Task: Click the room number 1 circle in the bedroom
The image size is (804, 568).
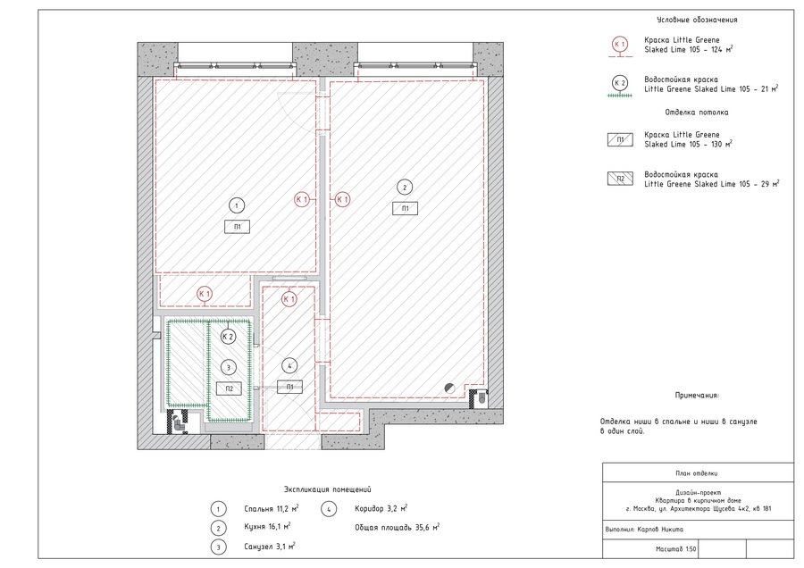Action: click(x=237, y=205)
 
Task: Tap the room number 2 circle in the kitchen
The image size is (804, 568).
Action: click(x=405, y=188)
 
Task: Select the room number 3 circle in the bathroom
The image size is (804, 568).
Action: click(x=228, y=367)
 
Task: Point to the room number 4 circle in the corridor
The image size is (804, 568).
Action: click(x=289, y=365)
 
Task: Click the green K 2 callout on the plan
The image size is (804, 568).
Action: click(x=228, y=337)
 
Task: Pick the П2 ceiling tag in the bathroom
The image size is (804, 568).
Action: click(x=230, y=388)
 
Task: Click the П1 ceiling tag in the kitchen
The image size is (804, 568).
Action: click(x=405, y=208)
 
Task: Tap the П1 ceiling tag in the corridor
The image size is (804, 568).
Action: click(x=289, y=387)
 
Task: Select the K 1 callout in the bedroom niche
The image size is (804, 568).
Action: click(x=205, y=294)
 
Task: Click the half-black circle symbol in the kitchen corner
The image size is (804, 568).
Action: click(x=449, y=388)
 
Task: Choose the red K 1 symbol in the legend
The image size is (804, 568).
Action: click(x=620, y=45)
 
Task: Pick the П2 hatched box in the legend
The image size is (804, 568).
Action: click(x=620, y=179)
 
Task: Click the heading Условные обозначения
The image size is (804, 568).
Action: click(x=697, y=20)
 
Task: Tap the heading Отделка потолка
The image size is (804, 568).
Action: click(x=696, y=112)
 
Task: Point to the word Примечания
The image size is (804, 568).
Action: click(x=697, y=396)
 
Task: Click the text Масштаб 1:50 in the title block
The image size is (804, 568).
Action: click(x=676, y=549)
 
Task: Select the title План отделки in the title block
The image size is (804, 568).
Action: click(x=696, y=473)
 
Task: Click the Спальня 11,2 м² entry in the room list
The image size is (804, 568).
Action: click(x=272, y=508)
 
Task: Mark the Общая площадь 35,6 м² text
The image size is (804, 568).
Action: click(x=398, y=527)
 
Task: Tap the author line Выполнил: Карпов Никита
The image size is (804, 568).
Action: click(x=644, y=530)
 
